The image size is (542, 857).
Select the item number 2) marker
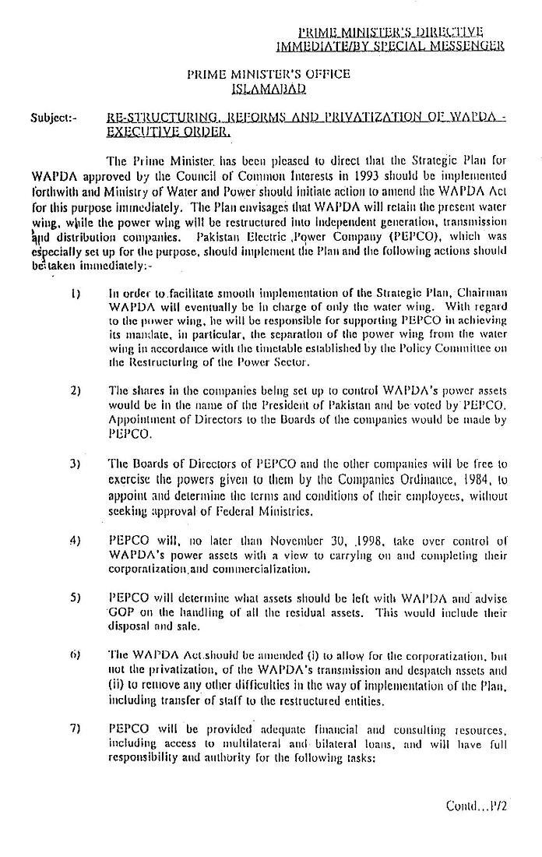[75, 390]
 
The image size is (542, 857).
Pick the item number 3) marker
[75, 463]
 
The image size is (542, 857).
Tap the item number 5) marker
[75, 598]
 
